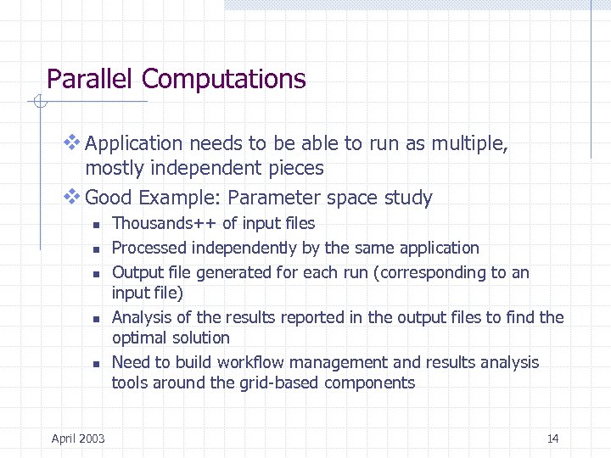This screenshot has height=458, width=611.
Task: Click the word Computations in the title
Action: (224, 79)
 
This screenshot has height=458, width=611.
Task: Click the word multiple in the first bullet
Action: (468, 144)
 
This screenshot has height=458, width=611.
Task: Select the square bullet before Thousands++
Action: (97, 225)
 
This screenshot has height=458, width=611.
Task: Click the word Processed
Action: (149, 248)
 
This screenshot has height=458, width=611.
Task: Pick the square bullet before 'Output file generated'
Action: (97, 274)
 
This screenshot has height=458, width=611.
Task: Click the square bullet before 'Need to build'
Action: (97, 364)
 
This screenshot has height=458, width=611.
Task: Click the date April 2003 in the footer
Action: (78, 438)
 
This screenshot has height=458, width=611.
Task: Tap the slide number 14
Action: (552, 438)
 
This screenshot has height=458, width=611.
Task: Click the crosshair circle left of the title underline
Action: (37, 103)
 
